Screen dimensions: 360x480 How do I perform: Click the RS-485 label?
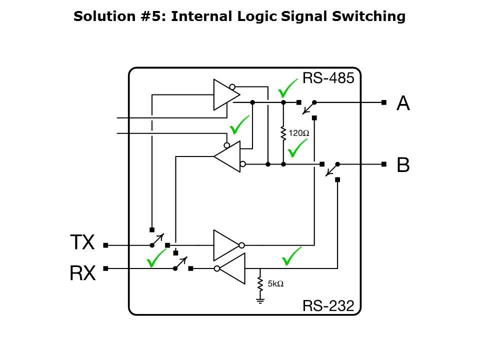tap(328, 78)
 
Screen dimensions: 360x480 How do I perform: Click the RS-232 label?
tap(328, 305)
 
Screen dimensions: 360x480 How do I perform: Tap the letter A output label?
tap(403, 103)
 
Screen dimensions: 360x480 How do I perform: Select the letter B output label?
tap(403, 164)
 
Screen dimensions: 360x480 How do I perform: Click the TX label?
tap(82, 243)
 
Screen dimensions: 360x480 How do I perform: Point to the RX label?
tap(82, 273)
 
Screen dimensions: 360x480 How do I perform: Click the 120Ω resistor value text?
tap(299, 133)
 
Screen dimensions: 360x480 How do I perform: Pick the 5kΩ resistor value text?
tap(275, 283)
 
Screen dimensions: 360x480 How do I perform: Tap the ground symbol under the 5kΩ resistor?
tap(260, 300)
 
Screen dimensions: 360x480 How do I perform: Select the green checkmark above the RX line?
tap(155, 257)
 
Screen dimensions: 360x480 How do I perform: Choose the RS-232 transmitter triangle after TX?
tap(226, 245)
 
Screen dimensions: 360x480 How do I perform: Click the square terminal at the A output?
tap(383, 102)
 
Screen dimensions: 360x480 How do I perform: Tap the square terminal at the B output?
tap(383, 164)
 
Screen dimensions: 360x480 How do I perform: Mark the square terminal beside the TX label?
tap(105, 245)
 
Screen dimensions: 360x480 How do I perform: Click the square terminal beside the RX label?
tap(105, 268)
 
